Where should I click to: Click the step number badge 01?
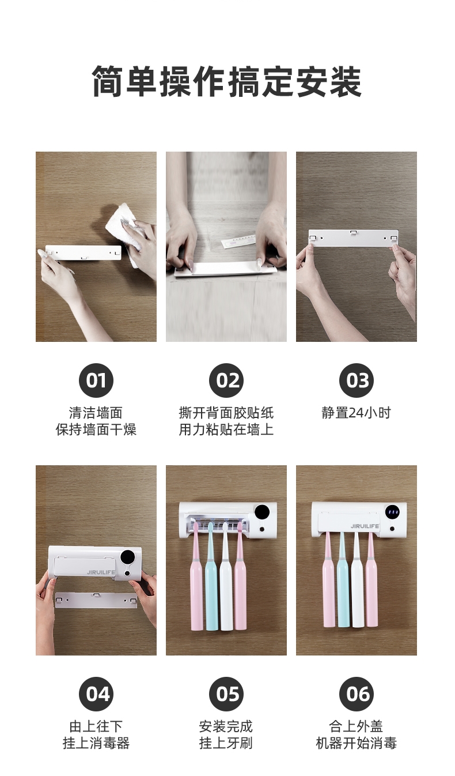[x=96, y=381]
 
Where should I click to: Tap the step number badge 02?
[x=226, y=381]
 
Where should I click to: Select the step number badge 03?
[x=357, y=381]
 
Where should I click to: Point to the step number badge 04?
[x=96, y=694]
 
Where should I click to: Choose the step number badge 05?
[x=226, y=694]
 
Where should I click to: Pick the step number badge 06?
[x=357, y=694]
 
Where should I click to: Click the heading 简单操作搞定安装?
[x=227, y=81]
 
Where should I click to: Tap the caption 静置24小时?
[x=357, y=413]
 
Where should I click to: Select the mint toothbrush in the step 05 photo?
[x=211, y=578]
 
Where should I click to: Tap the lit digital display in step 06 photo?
[x=392, y=513]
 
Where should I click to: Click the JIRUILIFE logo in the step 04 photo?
[x=101, y=572]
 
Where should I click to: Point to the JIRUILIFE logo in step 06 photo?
[x=365, y=526]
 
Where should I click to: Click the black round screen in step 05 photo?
[x=262, y=513]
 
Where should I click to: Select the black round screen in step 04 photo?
[x=128, y=557]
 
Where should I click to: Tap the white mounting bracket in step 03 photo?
[x=353, y=238]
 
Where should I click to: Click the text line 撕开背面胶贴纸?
[x=226, y=413]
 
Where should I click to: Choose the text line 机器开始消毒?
[x=357, y=743]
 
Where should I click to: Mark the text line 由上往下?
[x=96, y=726]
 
